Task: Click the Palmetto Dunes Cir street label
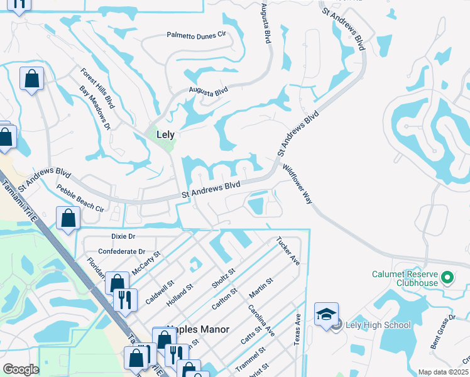point(195,36)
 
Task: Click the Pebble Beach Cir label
point(80,198)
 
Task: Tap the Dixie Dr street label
point(123,236)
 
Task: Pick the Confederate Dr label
point(122,251)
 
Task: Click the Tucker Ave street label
point(288,251)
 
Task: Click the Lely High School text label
point(378,325)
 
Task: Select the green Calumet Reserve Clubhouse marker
point(447,276)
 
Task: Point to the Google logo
point(21,369)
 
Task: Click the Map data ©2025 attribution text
point(443,372)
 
